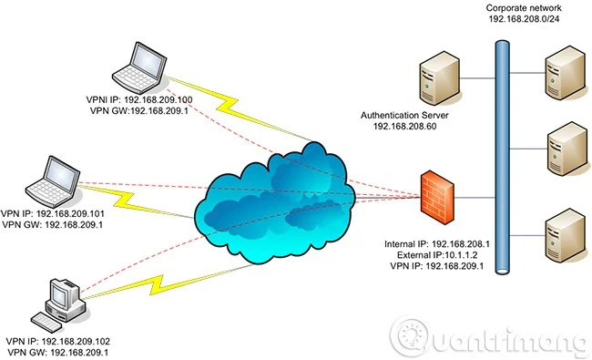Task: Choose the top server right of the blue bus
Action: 559,74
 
